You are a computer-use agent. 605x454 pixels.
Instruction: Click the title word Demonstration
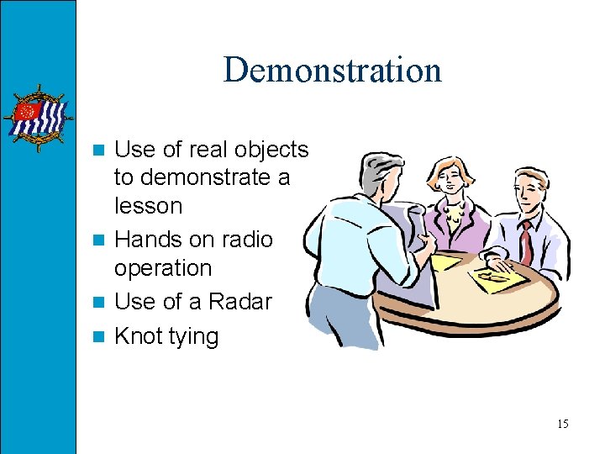pyautogui.click(x=332, y=70)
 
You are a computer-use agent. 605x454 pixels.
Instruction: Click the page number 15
pyautogui.click(x=562, y=424)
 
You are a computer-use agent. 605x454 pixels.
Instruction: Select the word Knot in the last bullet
pyautogui.click(x=139, y=336)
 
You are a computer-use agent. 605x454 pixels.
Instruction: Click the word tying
pyautogui.click(x=193, y=337)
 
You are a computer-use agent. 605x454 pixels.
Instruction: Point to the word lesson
pyautogui.click(x=148, y=205)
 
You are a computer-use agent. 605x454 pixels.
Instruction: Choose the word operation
pyautogui.click(x=163, y=269)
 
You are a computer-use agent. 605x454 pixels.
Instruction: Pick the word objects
pyautogui.click(x=271, y=150)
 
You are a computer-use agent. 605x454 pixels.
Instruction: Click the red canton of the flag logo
pyautogui.click(x=29, y=112)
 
